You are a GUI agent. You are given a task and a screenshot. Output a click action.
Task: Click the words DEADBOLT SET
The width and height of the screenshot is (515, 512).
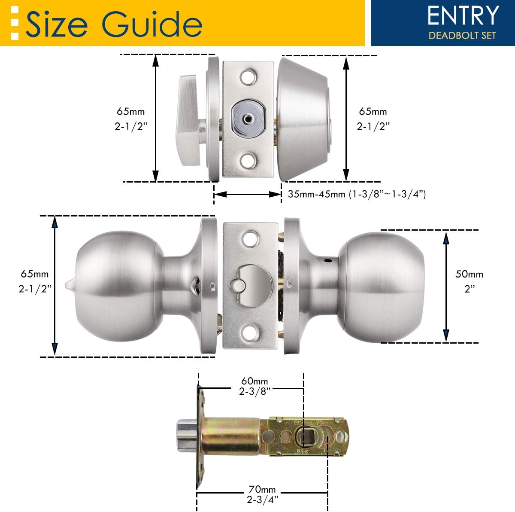[462, 35]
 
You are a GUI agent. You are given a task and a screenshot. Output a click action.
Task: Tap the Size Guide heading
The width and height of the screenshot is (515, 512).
[114, 24]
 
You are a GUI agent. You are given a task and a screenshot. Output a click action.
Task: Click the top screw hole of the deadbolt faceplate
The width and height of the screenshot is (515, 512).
[248, 77]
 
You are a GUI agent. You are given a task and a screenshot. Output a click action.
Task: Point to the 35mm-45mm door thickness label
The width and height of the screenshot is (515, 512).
[356, 194]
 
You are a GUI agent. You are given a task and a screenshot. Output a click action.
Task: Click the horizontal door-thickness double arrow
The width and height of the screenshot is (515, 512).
[248, 195]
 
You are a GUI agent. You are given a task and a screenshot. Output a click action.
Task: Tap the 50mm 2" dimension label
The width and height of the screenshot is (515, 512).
[470, 281]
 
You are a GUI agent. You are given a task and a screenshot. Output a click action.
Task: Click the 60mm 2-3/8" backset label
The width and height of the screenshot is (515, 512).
[254, 386]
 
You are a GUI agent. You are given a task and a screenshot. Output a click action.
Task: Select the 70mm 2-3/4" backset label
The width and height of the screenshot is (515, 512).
[262, 494]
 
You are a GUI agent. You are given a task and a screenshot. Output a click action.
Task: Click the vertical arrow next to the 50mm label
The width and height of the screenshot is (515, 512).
[446, 286]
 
